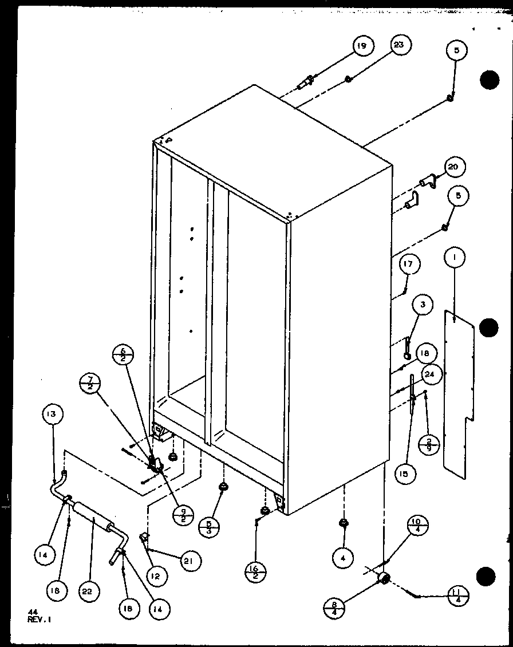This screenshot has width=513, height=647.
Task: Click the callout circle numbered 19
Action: point(363,46)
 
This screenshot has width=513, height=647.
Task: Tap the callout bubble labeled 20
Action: point(453,167)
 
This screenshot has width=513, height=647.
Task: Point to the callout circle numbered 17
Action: point(409,265)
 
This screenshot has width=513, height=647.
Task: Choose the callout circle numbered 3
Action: point(422,305)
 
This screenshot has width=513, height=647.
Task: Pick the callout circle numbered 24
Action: point(431,375)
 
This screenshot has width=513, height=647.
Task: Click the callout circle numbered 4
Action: point(343,558)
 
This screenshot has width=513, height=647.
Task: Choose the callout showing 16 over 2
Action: point(255,569)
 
